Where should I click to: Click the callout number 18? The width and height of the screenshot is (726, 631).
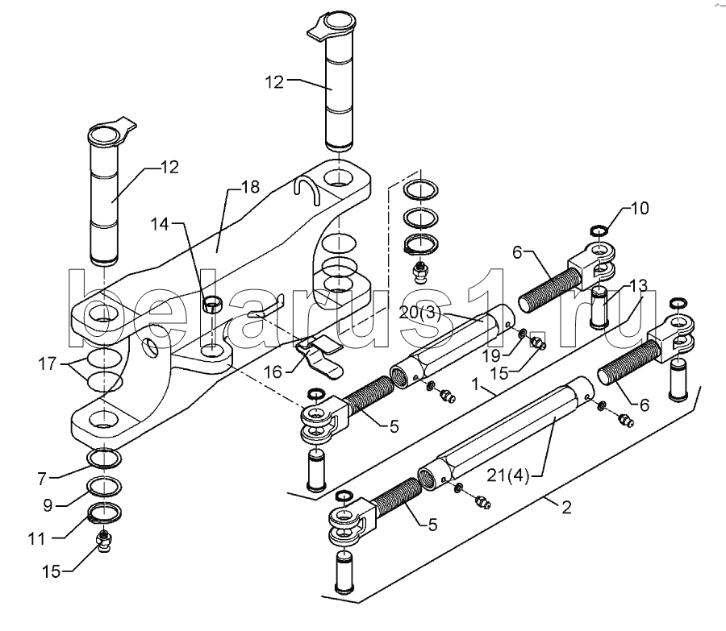click(250, 187)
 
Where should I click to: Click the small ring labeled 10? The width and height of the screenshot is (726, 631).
click(599, 233)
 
